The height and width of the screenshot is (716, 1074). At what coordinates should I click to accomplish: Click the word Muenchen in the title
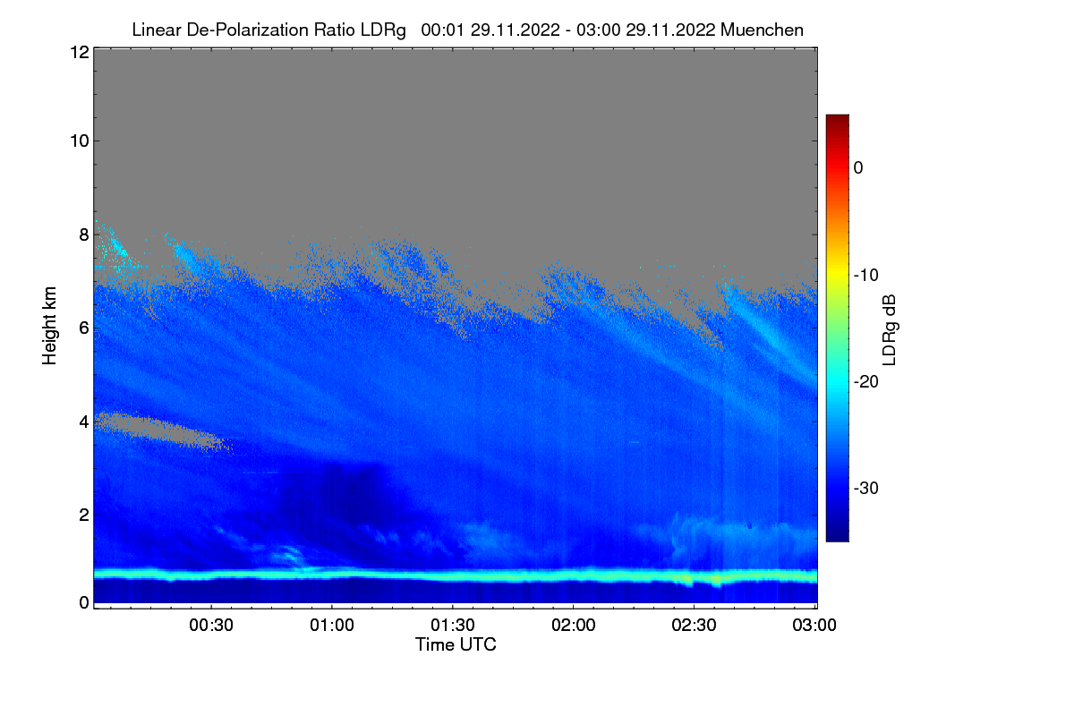coord(763,30)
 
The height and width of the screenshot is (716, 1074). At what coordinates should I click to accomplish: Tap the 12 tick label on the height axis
coord(78,52)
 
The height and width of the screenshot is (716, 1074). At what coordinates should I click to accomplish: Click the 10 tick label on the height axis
coord(78,141)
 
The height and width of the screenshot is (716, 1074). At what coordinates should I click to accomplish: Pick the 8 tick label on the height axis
coord(82,234)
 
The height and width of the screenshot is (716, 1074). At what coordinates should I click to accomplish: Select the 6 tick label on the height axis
coord(82,328)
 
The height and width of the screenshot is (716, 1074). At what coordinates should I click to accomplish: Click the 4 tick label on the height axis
coord(82,421)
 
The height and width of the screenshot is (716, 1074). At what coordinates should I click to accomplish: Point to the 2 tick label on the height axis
coord(82,514)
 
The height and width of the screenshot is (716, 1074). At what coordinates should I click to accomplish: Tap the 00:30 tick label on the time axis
coord(211,626)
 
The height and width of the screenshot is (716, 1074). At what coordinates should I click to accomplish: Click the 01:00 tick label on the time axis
coord(332,626)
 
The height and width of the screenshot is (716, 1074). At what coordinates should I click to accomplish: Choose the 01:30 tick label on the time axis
coord(453,626)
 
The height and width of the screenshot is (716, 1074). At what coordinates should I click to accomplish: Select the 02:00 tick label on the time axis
coord(574,626)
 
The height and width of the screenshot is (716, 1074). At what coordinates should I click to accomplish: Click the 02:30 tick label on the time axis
coord(695,626)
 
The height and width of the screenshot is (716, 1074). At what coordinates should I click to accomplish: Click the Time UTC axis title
coord(456,644)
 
